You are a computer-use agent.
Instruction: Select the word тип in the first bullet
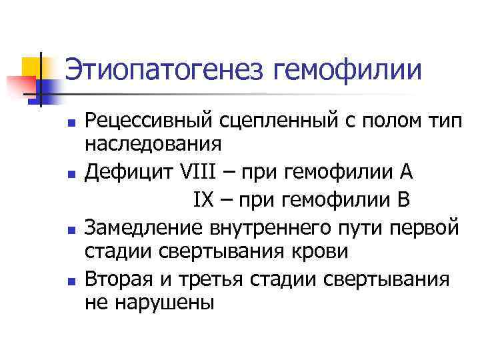(x=441, y=121)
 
